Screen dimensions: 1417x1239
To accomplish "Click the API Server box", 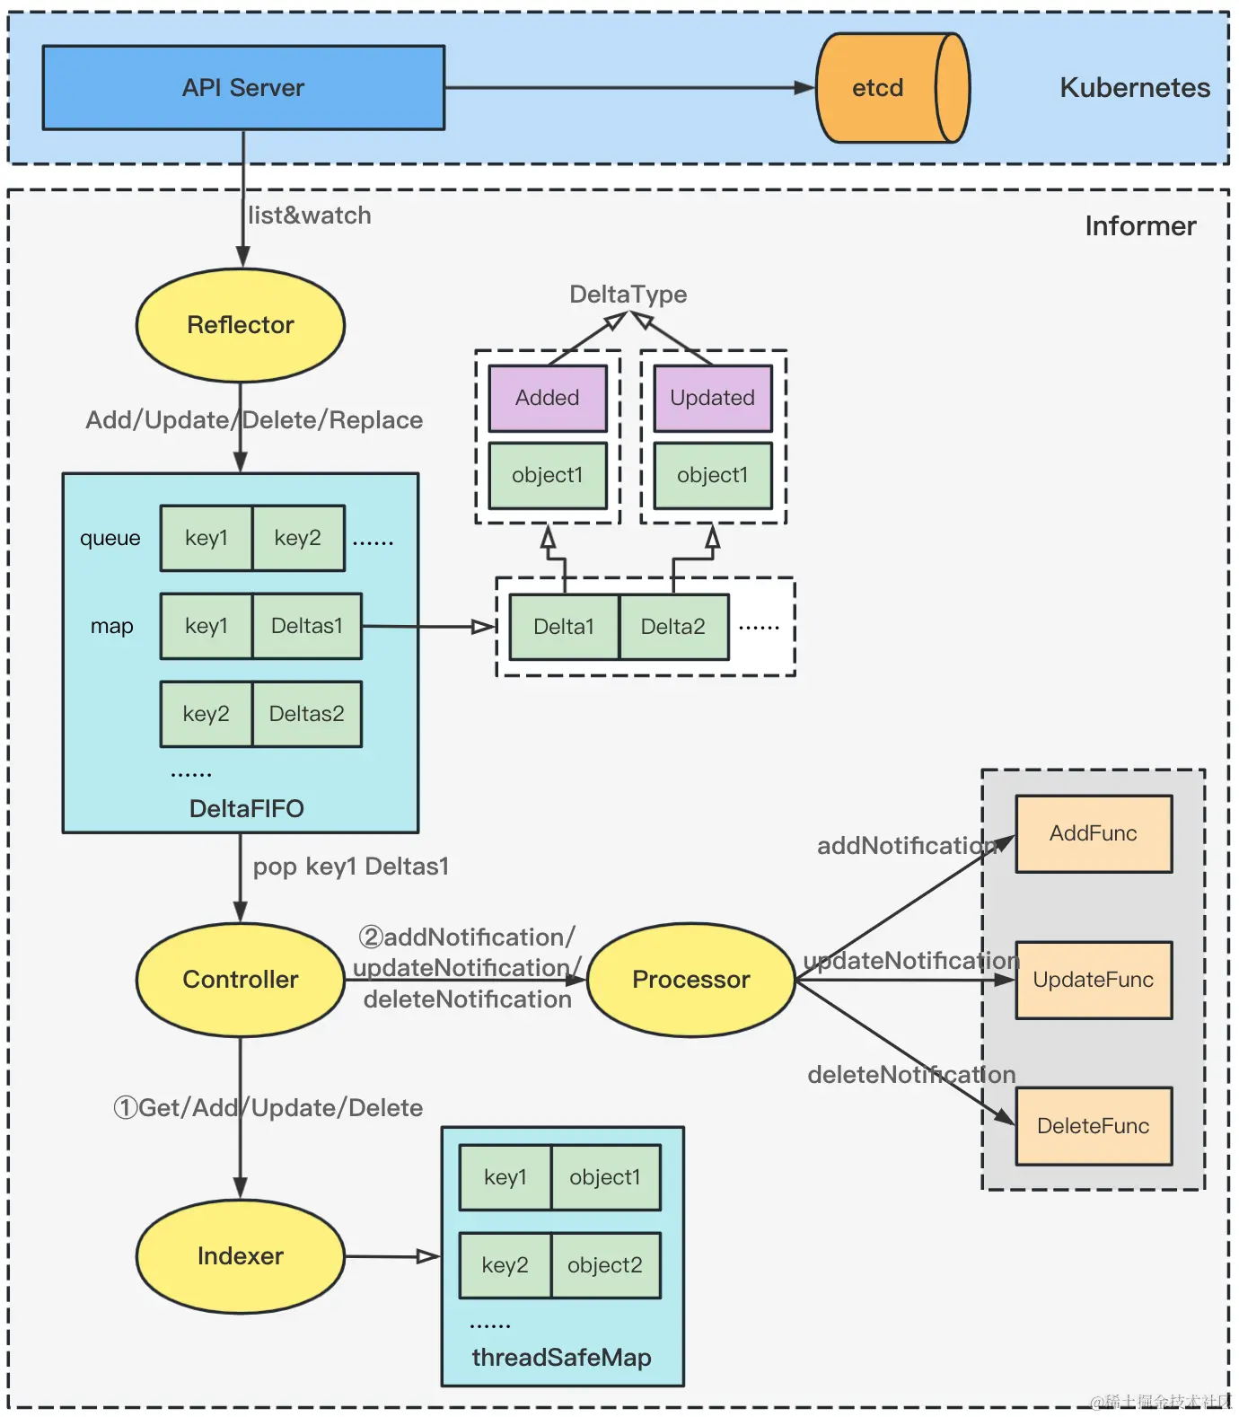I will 243,88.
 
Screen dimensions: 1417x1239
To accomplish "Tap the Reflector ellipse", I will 241,325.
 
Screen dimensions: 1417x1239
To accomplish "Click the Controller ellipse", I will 241,980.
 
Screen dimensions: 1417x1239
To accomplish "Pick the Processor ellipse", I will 690,980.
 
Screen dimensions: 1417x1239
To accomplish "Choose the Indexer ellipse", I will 241,1256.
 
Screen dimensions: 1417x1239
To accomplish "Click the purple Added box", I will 548,398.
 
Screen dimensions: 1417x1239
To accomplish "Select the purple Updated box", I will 713,398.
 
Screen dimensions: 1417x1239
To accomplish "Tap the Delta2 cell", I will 673,627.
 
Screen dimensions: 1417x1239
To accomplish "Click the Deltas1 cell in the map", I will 307,626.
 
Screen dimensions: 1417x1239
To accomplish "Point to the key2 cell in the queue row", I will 298,538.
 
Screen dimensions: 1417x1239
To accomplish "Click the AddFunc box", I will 1094,833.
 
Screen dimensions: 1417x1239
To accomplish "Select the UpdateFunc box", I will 1094,980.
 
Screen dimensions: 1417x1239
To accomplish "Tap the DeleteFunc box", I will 1094,1126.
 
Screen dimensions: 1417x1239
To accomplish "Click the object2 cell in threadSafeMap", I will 605,1265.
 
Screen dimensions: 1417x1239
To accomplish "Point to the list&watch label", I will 310,216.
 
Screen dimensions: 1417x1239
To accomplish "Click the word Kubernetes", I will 1135,88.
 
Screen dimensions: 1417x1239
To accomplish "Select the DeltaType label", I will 628,295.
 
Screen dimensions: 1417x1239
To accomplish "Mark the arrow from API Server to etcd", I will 628,88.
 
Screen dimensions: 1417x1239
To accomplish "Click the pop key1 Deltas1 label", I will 351,867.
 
